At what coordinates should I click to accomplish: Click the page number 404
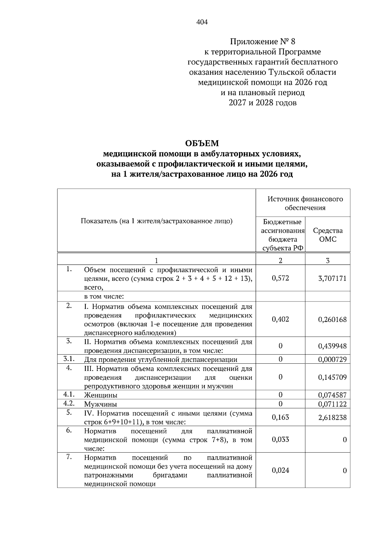(202, 22)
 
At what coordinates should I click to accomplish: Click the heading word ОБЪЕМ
(202, 144)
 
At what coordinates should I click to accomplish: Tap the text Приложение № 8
(263, 41)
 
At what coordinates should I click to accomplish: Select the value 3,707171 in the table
(332, 278)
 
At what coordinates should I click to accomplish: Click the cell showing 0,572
(280, 278)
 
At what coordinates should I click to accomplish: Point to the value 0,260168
(332, 320)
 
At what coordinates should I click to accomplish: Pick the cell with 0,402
(280, 319)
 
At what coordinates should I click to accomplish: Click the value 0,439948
(332, 346)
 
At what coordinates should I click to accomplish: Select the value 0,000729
(332, 360)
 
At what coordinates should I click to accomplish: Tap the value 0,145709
(332, 377)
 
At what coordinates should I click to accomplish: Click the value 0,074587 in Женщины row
(332, 395)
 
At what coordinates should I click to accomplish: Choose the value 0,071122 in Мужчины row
(332, 404)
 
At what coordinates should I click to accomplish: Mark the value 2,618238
(332, 417)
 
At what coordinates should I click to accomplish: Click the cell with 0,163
(280, 417)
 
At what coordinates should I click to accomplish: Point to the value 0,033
(280, 439)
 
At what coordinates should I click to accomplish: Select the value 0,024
(280, 470)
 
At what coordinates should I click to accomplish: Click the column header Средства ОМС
(328, 235)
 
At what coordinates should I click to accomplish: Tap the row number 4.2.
(68, 403)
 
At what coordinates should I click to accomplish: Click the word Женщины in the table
(101, 395)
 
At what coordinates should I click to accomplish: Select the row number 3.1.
(68, 359)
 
